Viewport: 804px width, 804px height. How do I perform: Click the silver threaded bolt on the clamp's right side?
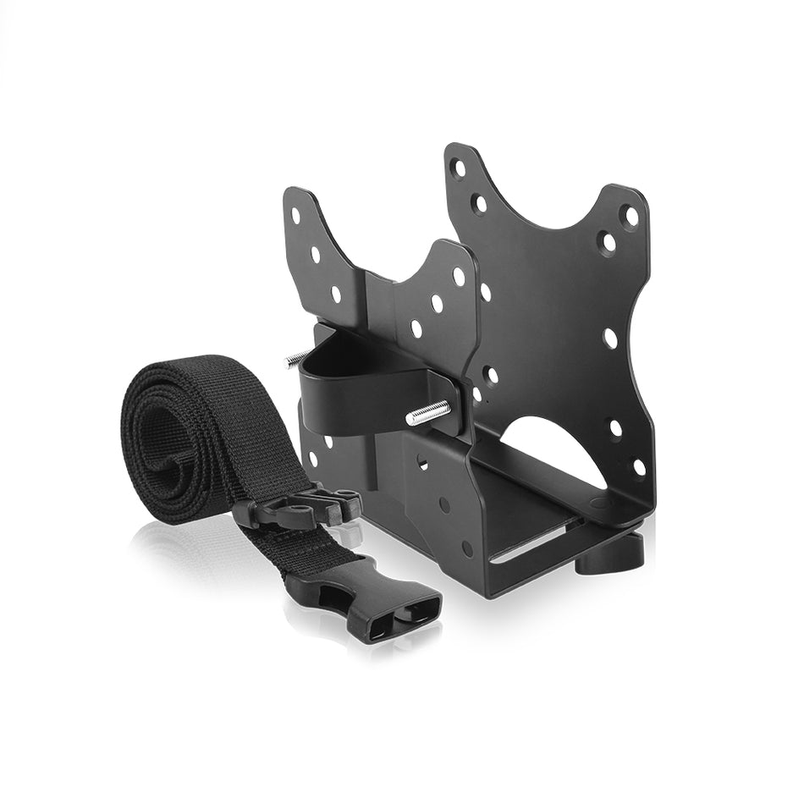pos(428,413)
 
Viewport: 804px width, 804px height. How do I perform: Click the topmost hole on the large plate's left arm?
pos(459,168)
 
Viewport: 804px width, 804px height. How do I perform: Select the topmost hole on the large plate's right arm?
pos(631,216)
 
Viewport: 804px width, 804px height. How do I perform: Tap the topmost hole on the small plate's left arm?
pos(296,214)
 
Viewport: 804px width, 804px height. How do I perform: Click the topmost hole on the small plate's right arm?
pos(458,276)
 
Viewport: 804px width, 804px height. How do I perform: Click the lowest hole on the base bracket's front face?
pos(466,548)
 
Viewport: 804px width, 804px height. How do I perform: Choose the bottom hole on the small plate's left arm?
pos(336,294)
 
